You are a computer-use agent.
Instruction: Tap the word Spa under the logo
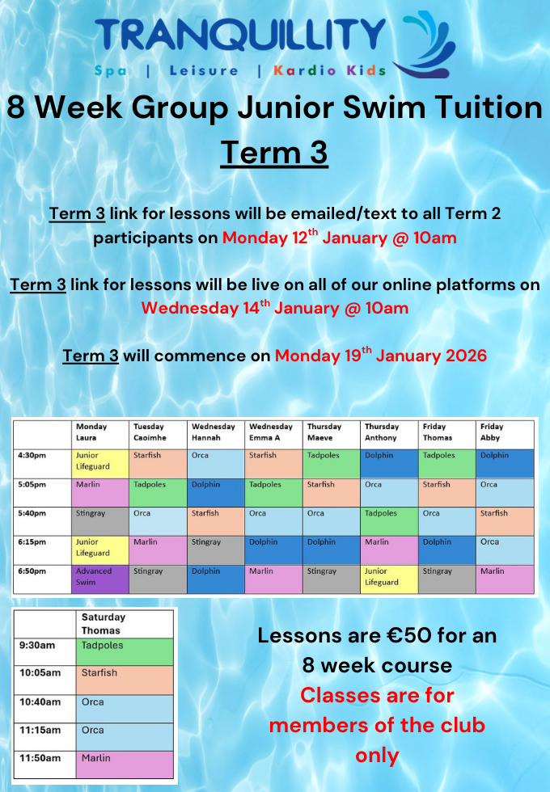(110, 71)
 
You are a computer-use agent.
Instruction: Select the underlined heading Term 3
(274, 152)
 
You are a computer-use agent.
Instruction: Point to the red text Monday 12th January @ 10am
(339, 238)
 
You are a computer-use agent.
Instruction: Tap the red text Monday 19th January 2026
(380, 356)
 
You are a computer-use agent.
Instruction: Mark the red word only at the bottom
(376, 755)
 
